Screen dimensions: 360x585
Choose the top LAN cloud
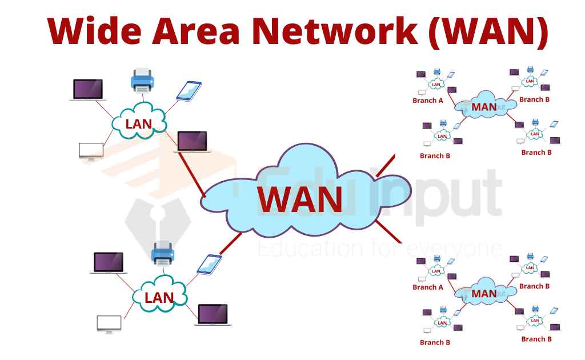click(139, 121)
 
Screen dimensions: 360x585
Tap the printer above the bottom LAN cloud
click(162, 253)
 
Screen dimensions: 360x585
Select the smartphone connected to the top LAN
click(189, 91)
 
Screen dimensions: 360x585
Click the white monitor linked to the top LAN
click(91, 151)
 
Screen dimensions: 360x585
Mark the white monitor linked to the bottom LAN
click(109, 323)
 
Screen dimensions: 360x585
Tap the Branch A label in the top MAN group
click(428, 101)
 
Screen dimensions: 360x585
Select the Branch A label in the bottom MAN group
click(428, 287)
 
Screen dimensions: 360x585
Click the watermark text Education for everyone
click(380, 249)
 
